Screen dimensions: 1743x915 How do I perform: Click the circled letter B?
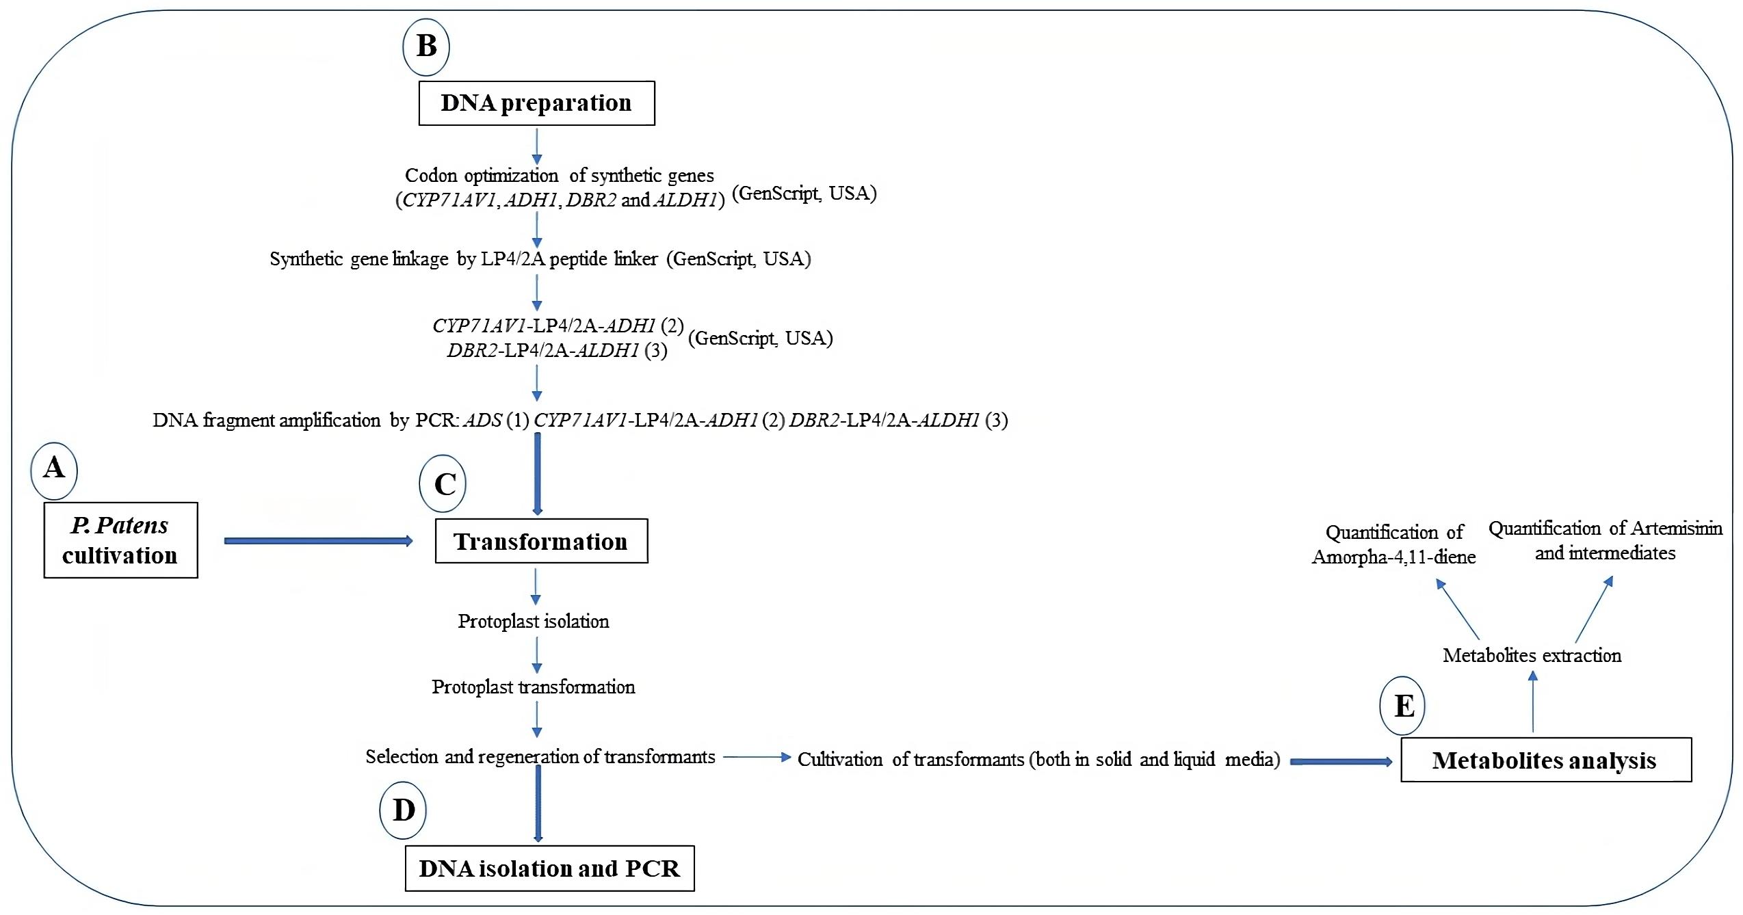point(426,47)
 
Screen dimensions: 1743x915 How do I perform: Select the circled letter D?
point(403,810)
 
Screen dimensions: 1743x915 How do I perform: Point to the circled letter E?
point(1402,706)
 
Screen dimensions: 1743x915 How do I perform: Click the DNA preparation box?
point(537,103)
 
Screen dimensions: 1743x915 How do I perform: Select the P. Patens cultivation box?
point(121,540)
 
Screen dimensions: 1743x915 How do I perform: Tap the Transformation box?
point(542,541)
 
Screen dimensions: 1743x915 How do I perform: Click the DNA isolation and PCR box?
point(550,868)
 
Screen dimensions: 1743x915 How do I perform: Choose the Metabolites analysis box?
point(1546,760)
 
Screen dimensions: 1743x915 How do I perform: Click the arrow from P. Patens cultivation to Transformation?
point(319,541)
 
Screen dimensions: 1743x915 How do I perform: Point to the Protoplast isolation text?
point(534,621)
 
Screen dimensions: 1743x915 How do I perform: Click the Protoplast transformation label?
point(534,687)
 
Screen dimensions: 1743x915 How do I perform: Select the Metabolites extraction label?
point(1532,655)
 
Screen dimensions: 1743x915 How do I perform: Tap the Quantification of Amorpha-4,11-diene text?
point(1394,544)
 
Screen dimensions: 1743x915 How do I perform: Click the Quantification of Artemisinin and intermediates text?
point(1606,540)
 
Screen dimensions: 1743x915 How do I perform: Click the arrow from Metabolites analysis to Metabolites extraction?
point(1533,702)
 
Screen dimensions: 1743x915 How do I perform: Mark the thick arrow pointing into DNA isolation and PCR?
point(538,804)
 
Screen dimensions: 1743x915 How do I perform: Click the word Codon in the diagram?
point(431,176)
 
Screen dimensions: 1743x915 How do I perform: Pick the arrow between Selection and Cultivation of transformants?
point(757,757)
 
